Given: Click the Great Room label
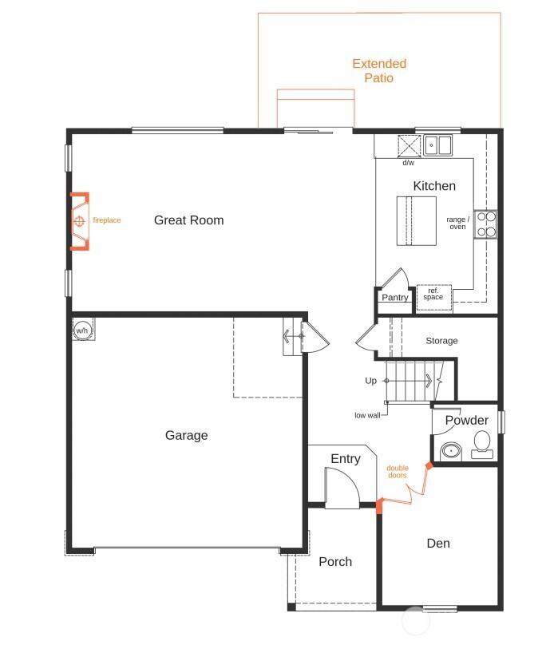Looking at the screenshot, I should (188, 220).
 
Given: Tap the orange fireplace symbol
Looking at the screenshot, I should (80, 222).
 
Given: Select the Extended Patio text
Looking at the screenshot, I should (379, 70).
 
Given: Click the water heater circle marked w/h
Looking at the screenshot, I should (82, 329).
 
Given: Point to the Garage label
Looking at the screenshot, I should (186, 435).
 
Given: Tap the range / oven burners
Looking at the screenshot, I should (485, 224).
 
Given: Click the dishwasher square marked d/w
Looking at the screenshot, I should (409, 146).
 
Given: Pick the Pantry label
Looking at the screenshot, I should (394, 298).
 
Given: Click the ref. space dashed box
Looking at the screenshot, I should (433, 294).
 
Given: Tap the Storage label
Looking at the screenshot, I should (441, 341).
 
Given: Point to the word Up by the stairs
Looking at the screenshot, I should (370, 381).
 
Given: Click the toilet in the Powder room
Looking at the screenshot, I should (482, 444).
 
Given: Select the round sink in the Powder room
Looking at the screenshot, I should (451, 450).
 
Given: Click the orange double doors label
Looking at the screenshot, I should (397, 471).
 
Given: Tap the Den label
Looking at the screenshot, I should (438, 544).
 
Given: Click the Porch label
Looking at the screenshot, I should (335, 561).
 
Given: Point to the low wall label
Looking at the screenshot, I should (368, 415).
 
